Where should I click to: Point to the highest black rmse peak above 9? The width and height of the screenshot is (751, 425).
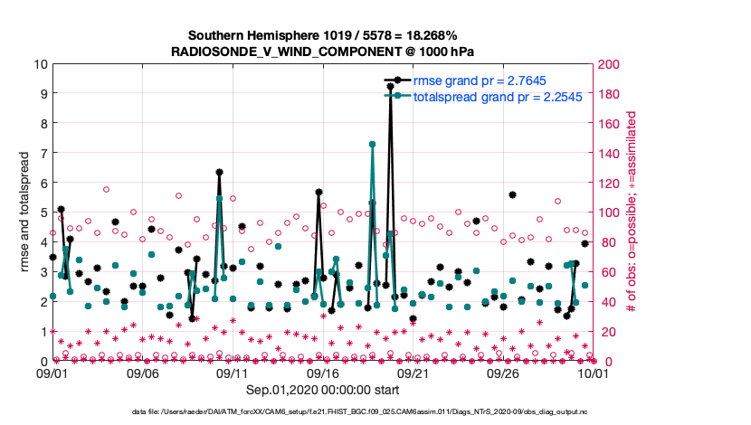[390, 87]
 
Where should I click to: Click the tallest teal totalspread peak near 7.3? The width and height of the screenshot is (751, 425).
[372, 144]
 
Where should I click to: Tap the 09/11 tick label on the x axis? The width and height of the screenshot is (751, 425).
[233, 373]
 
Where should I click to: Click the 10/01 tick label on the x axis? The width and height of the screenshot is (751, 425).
[593, 373]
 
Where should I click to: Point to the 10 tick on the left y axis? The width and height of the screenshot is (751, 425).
[39, 64]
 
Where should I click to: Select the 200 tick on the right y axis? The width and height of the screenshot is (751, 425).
[610, 64]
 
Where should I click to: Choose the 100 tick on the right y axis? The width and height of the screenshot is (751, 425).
[610, 212]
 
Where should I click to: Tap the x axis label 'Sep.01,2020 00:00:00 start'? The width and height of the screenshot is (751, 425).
[322, 389]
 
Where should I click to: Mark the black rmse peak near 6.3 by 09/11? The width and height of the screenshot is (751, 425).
[220, 172]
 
